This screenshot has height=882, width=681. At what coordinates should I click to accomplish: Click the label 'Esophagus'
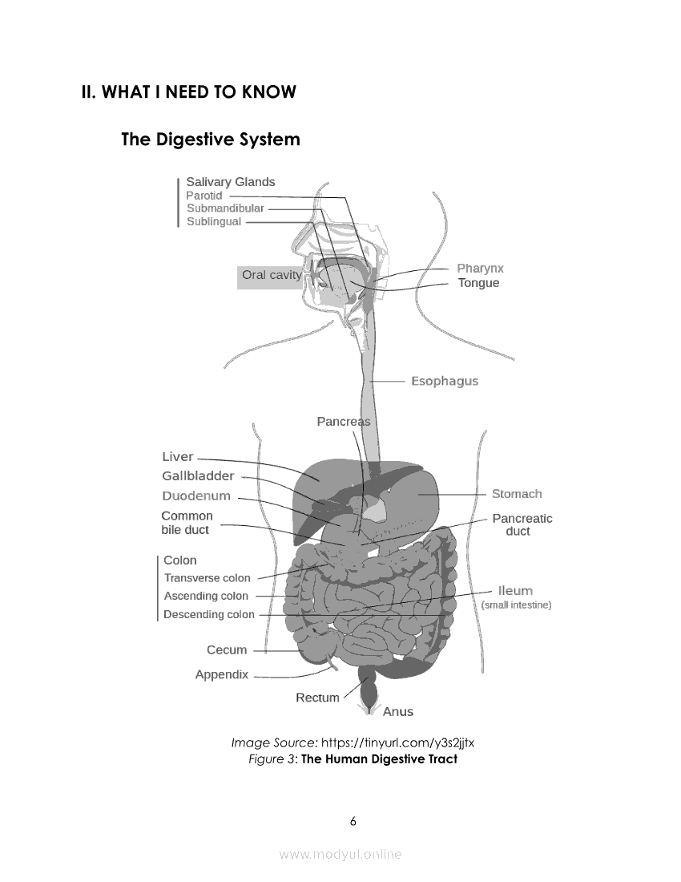pos(445,381)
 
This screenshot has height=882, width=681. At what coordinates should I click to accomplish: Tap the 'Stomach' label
pos(517,494)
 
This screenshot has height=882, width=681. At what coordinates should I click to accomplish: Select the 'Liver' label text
pos(178,457)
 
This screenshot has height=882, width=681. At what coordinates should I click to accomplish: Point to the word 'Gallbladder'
pos(198,476)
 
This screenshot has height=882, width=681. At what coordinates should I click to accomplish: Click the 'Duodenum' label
pos(196,496)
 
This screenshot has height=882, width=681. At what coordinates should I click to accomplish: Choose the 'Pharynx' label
pos(480,269)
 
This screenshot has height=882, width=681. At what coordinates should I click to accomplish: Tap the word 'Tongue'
pos(478,283)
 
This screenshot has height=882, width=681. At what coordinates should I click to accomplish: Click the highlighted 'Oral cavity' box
pos(272,275)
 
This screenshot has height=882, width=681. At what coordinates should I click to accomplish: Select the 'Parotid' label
pos(203,196)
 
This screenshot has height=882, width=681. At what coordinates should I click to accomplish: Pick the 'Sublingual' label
pos(214,222)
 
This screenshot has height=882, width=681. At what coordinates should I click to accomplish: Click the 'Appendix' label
pos(222,675)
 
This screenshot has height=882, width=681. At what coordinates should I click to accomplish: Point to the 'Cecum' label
pos(227,650)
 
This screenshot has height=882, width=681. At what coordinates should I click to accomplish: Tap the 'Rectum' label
pos(317,698)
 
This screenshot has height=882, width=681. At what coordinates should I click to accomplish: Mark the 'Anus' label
pos(398,712)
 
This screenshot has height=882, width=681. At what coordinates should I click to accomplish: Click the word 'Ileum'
pos(515,591)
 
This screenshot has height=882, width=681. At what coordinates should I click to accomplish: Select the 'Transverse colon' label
pos(207,578)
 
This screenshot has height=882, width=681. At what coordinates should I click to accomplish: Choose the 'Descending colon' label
pos(208,615)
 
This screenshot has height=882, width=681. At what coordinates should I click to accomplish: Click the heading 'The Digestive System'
pos(211,140)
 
